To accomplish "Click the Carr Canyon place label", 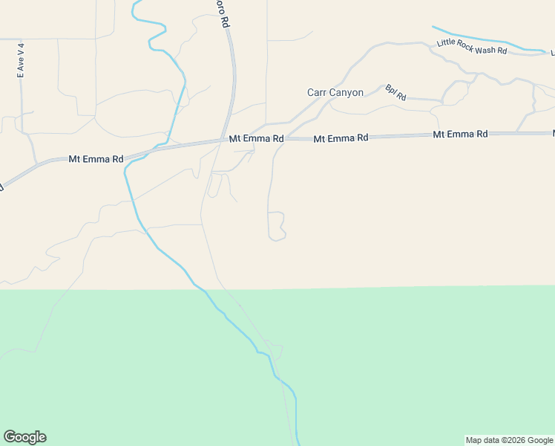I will coord(335,93).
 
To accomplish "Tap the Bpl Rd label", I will coord(395,93).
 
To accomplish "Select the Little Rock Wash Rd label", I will coord(471,47).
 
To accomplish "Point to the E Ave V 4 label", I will coord(22,60).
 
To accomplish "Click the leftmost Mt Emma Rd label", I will coord(96,159).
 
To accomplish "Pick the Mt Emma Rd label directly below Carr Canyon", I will coord(341,138).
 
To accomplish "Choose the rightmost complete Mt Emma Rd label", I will coord(460,135).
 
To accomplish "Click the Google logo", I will coord(24,437).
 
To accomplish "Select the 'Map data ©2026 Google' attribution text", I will coord(509,440).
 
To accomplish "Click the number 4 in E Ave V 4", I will coord(22,45).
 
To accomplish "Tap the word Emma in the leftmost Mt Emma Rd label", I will coord(96,159).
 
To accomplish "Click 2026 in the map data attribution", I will coord(514,440).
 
